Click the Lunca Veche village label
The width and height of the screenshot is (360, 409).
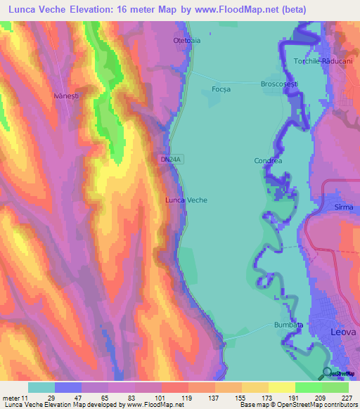click(x=186, y=200)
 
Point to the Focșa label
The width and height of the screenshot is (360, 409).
click(x=221, y=89)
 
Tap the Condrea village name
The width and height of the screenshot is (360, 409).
click(x=268, y=161)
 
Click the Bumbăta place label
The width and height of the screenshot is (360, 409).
click(x=288, y=326)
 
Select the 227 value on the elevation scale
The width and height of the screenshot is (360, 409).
click(x=347, y=397)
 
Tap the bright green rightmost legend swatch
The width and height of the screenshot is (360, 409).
click(x=335, y=387)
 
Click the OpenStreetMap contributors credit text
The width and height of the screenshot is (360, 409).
click(x=317, y=405)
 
